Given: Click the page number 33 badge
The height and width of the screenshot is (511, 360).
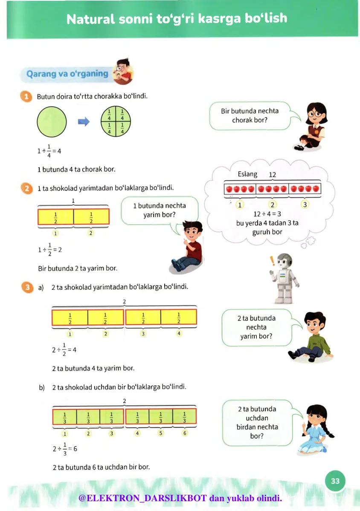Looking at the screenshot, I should [x=335, y=481].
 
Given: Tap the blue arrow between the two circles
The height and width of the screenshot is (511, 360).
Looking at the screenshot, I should [x=84, y=122].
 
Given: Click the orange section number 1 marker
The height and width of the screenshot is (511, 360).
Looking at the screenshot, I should [x=26, y=96].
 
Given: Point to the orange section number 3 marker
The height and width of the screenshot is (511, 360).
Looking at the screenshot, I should [x=26, y=287].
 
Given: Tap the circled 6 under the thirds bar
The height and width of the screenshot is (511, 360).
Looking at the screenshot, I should [x=185, y=433].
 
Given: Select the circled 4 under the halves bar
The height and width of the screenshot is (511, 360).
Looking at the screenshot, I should [x=179, y=333].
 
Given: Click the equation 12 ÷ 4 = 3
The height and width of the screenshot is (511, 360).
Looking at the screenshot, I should [x=267, y=214].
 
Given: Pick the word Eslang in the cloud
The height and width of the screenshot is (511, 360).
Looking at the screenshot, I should [x=247, y=174].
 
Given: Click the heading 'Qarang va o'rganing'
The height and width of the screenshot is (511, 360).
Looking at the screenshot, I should [x=67, y=73].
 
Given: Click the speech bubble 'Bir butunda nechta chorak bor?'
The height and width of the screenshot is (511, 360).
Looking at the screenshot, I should [x=250, y=116].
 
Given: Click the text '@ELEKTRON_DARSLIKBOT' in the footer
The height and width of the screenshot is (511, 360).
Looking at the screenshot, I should [x=142, y=498].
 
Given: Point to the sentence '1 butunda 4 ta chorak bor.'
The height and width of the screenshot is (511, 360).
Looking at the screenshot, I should [x=76, y=169].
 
